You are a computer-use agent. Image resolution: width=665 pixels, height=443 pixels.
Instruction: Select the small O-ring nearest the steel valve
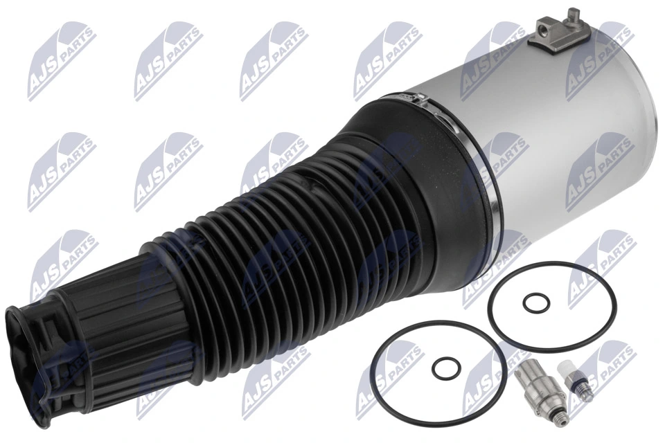444,368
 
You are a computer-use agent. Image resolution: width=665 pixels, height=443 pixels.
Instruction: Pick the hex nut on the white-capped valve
575,381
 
